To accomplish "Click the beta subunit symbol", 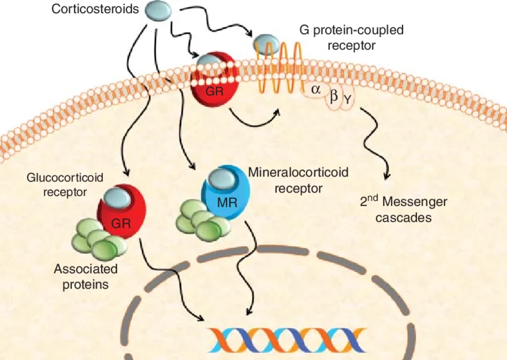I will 334,95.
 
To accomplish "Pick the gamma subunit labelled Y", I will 347,101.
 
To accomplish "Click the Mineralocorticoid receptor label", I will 298,181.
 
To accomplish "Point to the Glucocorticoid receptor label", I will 65,185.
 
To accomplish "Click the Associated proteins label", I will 86,276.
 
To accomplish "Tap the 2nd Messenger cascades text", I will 403,210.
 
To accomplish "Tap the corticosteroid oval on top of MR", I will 221,177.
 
